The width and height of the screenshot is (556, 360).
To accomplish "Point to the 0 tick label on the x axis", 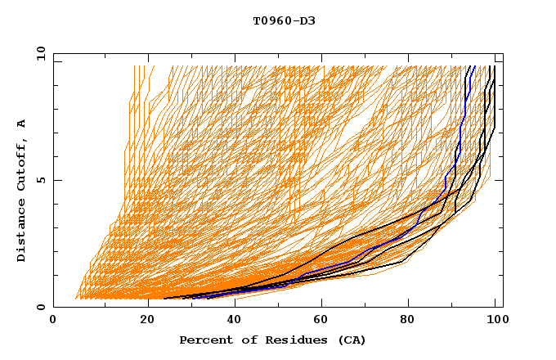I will pos(53,322).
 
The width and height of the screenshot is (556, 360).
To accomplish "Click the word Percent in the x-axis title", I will pos(203,340).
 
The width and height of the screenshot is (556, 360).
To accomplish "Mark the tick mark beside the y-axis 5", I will pos(56,180).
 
